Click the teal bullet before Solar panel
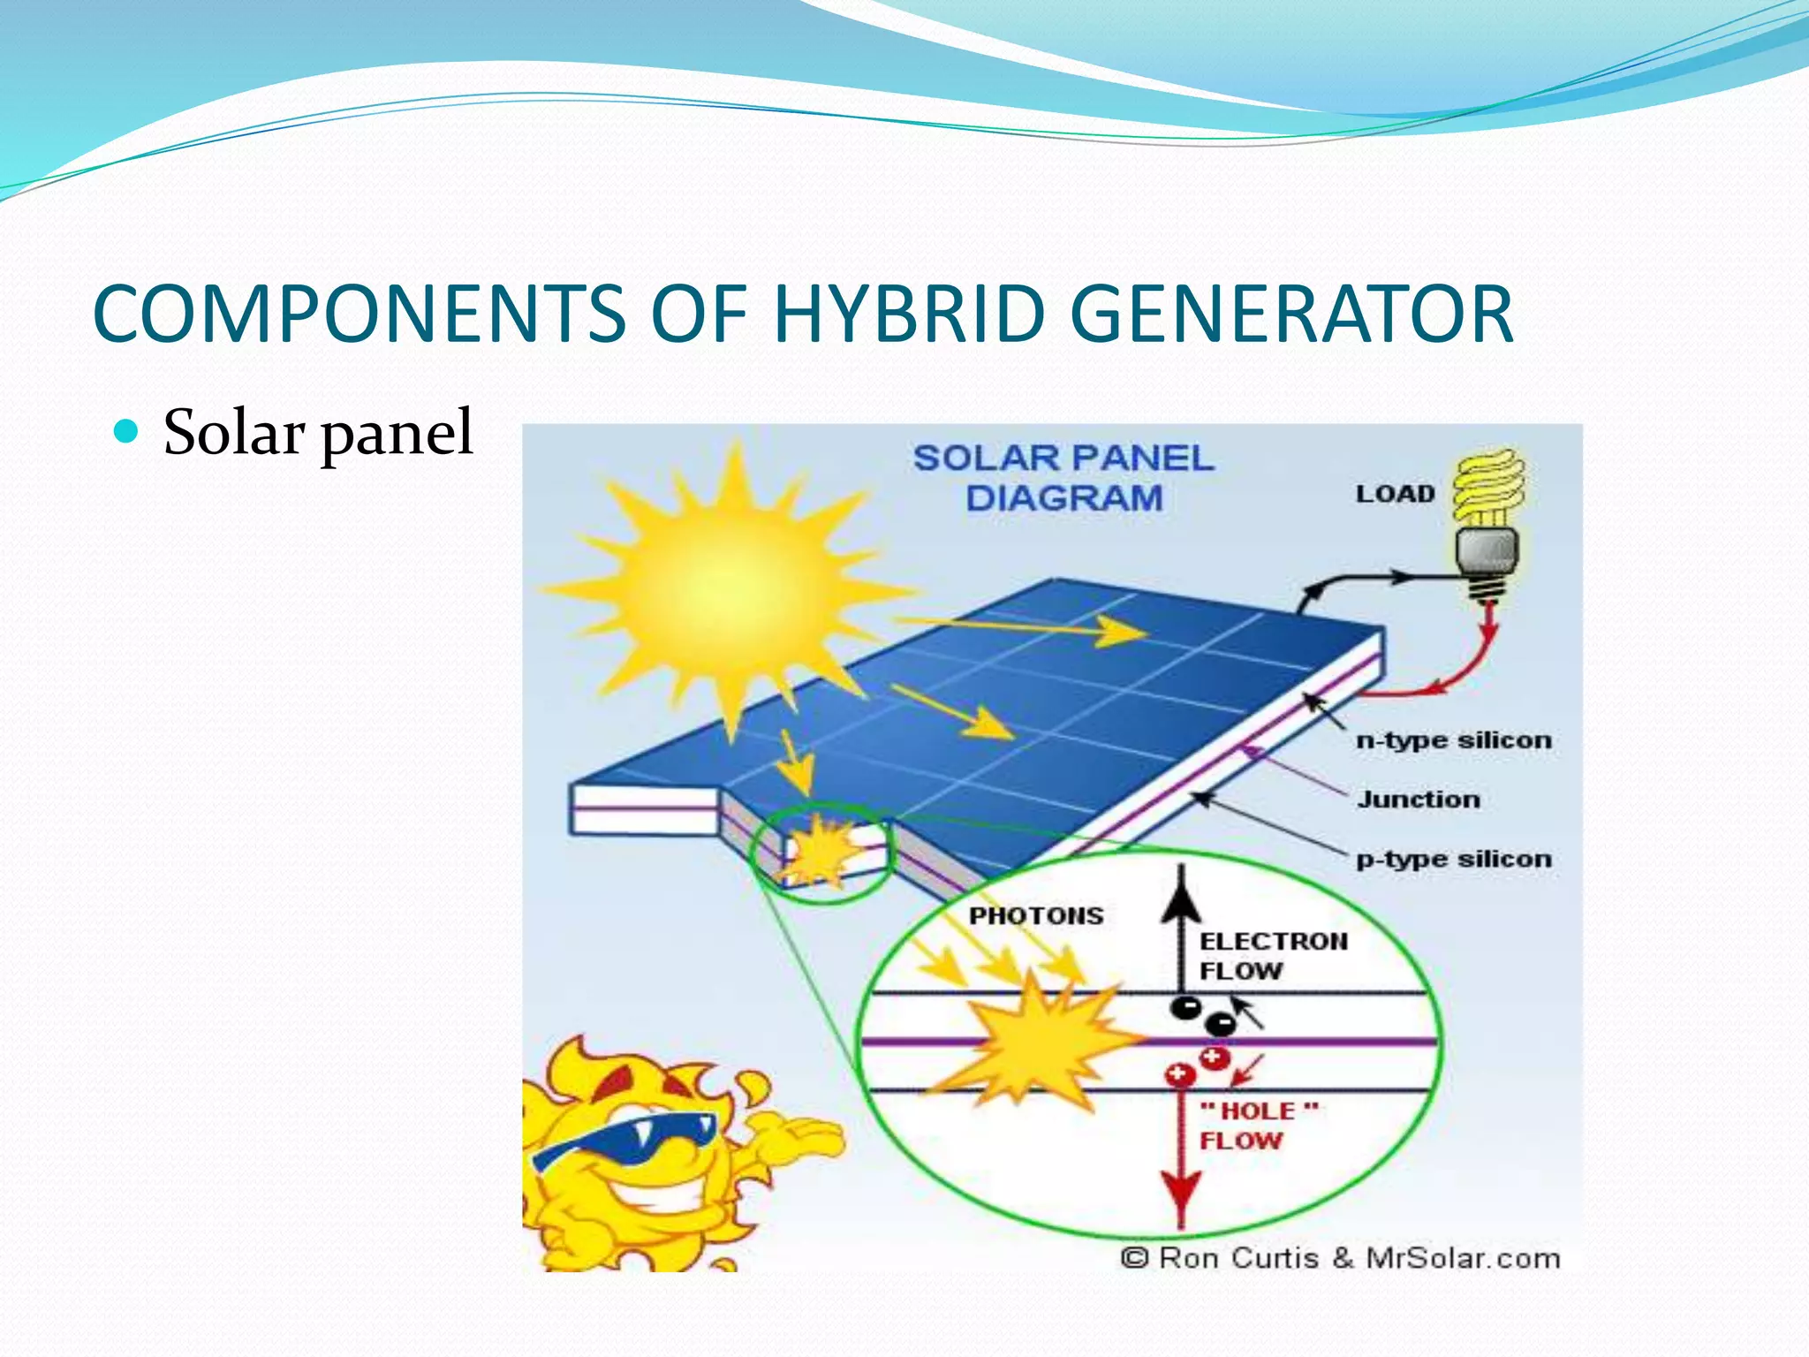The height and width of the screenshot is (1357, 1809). pyautogui.click(x=127, y=431)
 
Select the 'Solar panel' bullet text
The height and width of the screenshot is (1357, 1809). pyautogui.click(x=318, y=432)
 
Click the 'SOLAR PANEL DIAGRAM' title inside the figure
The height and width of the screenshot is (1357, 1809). pyautogui.click(x=1063, y=478)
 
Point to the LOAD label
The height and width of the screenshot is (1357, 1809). pyautogui.click(x=1395, y=494)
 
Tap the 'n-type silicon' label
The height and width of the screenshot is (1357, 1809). pyautogui.click(x=1453, y=740)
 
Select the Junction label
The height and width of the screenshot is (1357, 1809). pyautogui.click(x=1418, y=800)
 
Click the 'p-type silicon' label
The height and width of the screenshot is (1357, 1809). pyautogui.click(x=1453, y=859)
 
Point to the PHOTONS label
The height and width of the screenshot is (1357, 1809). pyautogui.click(x=1036, y=915)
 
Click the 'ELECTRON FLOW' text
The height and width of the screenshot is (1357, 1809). pyautogui.click(x=1272, y=956)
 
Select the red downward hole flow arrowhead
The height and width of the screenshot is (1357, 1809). pyautogui.click(x=1181, y=1193)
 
